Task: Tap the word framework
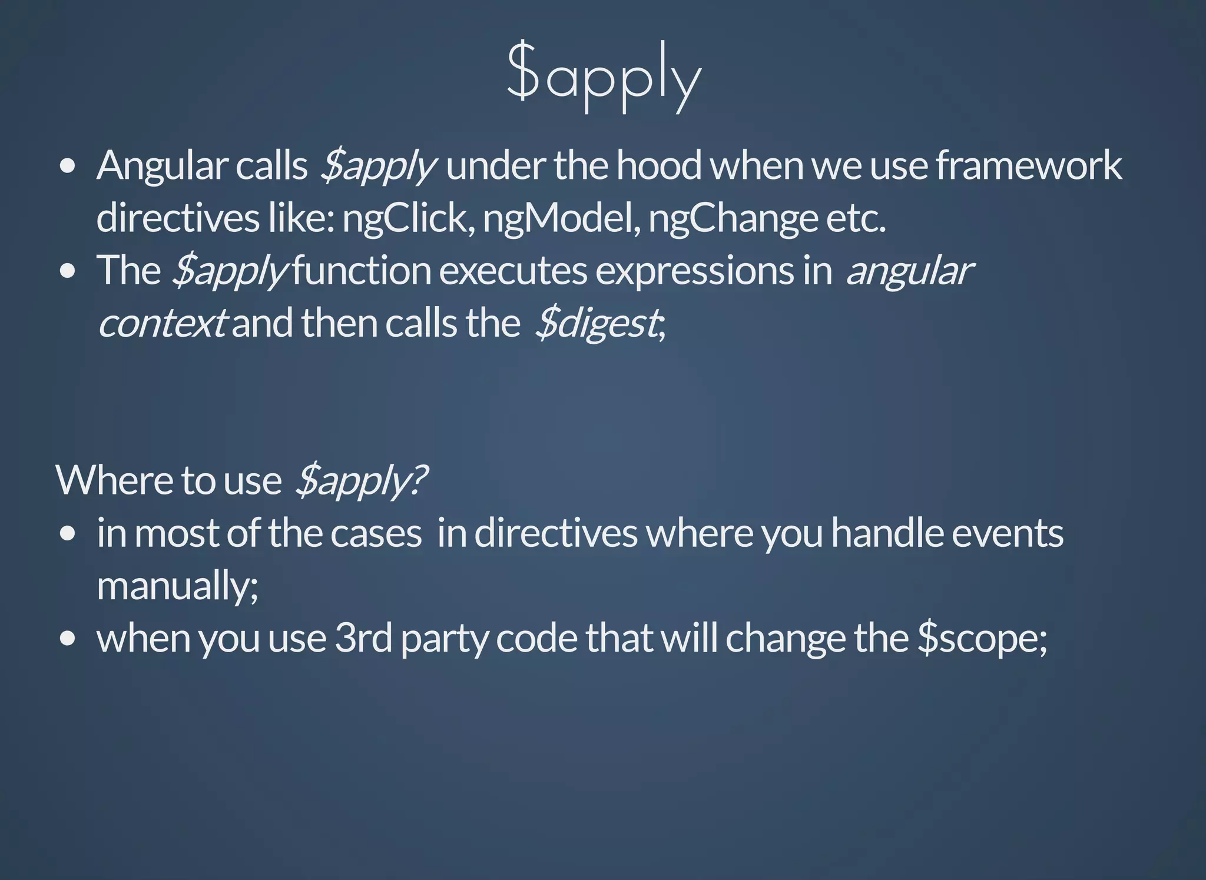pos(1028,165)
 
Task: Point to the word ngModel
pos(561,218)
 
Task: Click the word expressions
pos(694,271)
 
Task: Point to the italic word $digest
pos(597,323)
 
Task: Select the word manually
pos(177,586)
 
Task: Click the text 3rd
pos(363,638)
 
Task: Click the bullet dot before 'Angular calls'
pos(68,166)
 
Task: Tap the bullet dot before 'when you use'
pos(68,638)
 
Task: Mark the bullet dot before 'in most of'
pos(68,533)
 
